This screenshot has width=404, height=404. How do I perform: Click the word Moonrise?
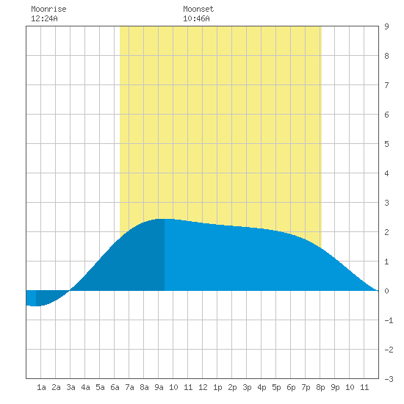click(48, 9)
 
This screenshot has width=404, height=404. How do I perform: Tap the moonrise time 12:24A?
click(44, 18)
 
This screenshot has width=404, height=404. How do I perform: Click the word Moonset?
click(198, 9)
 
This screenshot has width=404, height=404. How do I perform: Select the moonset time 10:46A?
click(196, 18)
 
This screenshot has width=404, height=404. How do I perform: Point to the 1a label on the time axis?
click(41, 387)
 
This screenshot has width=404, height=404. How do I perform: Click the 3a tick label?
click(71, 387)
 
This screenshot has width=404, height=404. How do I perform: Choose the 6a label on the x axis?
click(115, 387)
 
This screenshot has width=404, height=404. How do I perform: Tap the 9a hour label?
click(159, 387)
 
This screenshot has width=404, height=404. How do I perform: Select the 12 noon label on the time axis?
click(203, 387)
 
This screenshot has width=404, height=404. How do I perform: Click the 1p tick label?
click(217, 387)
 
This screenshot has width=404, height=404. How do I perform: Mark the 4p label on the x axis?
click(261, 387)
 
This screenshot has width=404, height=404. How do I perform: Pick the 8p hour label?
click(320, 387)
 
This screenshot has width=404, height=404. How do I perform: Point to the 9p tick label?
click(335, 387)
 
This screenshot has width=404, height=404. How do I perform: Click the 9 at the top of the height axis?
click(386, 26)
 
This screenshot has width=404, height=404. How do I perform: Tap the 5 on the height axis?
click(386, 144)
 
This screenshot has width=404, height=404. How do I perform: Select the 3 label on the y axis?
click(386, 203)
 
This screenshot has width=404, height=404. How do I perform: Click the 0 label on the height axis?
click(386, 291)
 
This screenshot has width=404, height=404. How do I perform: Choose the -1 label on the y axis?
click(389, 320)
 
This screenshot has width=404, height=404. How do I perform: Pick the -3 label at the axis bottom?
click(389, 379)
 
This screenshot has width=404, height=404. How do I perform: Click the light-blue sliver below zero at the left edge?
click(31, 297)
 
